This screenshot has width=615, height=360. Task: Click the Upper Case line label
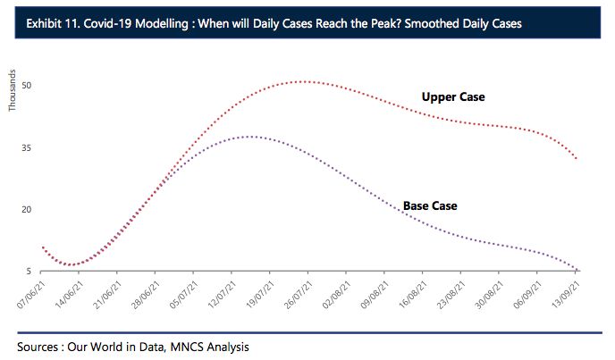point(453,96)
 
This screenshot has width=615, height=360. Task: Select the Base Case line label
point(430,205)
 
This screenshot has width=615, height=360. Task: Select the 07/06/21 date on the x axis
point(30,292)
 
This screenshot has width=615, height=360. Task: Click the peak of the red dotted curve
point(304,81)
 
